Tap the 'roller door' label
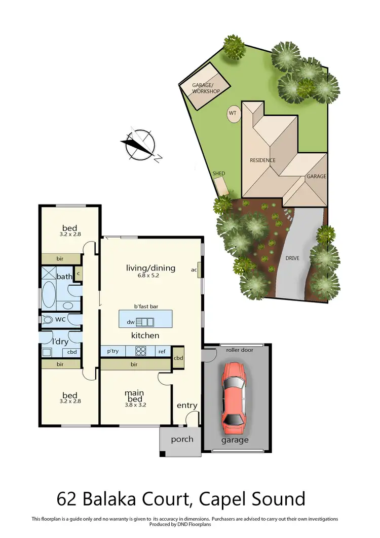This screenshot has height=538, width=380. coord(237,350)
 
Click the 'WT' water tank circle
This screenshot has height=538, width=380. coord(233,113)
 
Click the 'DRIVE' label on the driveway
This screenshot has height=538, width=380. coord(292,258)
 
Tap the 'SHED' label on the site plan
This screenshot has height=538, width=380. coord(219,174)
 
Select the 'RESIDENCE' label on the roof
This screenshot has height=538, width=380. coord(262,160)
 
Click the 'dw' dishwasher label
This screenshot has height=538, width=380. coord(130,322)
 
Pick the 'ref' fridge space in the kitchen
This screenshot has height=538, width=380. coord(162,351)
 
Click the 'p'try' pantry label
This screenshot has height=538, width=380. coord(112,351)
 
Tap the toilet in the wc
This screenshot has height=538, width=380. coord(49,320)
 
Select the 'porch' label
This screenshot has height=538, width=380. coord(182,439)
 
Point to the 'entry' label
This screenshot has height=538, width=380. coord(186,406)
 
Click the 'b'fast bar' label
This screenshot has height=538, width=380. coord(144,306)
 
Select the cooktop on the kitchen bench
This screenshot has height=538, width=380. coord(140,351)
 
